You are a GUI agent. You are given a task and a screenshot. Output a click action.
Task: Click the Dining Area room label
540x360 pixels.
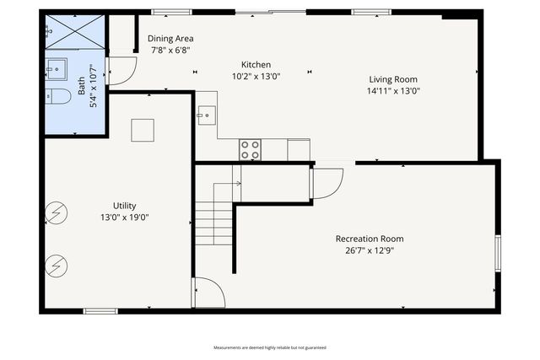tap(170, 39)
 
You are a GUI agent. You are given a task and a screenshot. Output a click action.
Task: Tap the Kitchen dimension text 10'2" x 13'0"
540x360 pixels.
tap(256, 76)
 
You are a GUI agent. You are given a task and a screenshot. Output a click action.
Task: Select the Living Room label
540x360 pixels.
tap(393, 79)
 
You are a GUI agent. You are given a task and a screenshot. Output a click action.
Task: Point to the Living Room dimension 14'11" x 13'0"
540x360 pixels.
tap(393, 91)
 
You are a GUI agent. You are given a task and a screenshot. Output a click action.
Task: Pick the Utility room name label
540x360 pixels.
tap(125, 206)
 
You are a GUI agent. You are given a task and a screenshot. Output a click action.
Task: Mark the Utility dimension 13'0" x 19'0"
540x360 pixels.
tap(125, 218)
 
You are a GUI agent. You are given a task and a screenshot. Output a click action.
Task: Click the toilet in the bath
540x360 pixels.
tap(57, 96)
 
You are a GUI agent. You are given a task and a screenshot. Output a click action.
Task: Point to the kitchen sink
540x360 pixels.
tap(207, 115)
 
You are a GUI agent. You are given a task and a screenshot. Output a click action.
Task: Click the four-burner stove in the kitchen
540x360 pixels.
tap(250, 150)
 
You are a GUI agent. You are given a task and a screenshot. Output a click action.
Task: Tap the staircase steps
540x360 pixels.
tap(214, 222)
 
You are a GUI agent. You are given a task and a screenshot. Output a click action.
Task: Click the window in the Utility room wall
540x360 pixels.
tap(100, 311)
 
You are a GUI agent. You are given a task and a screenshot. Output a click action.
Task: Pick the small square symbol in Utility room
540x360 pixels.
tap(143, 130)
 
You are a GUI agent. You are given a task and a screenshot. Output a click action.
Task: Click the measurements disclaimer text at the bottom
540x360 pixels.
tap(269, 347)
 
